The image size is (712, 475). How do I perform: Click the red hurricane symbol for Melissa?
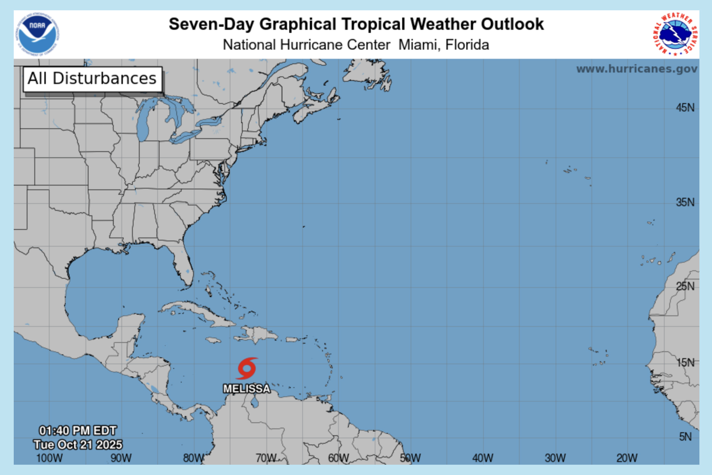tap(247, 368)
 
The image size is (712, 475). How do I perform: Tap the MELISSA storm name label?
tap(246, 389)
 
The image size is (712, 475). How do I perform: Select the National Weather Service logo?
tap(675, 34)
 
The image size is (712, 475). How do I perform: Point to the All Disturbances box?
tap(92, 79)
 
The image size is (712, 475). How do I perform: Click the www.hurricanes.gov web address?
tap(636, 69)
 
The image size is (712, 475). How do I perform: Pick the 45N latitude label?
tap(685, 108)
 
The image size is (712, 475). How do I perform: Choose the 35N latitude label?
tap(685, 202)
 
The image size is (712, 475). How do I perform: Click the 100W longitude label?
tap(49, 458)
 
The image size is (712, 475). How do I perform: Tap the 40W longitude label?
tap(483, 458)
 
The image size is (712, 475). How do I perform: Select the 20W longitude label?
tap(627, 458)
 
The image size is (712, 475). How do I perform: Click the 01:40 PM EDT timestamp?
tap(78, 431)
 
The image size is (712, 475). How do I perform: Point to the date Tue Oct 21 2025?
tap(78, 445)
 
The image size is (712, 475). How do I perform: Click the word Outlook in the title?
tap(512, 24)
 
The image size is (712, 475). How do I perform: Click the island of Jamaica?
tap(213, 340)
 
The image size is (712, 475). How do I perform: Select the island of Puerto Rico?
tap(292, 339)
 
